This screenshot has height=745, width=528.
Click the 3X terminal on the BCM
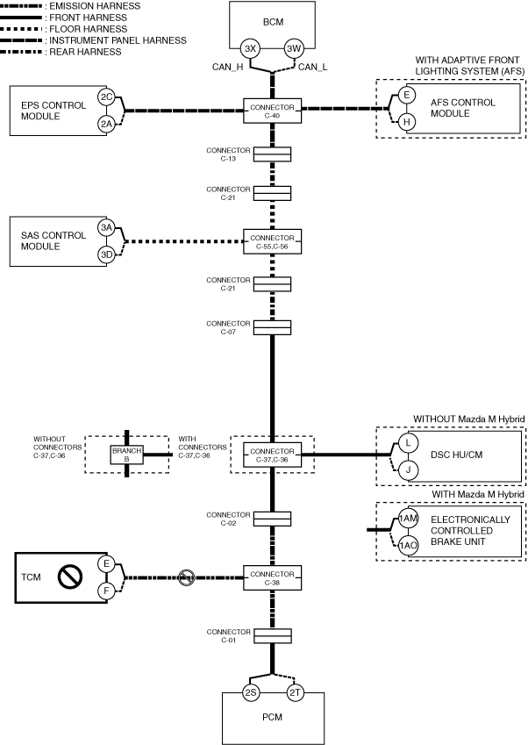click(250, 48)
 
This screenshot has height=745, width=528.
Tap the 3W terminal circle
click(294, 48)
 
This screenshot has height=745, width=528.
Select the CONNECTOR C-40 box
click(272, 110)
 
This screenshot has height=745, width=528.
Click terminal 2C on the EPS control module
click(106, 97)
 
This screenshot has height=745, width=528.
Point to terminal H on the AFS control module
click(406, 122)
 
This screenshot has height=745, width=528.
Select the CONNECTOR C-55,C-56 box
click(272, 240)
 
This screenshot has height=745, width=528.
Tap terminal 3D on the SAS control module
click(106, 254)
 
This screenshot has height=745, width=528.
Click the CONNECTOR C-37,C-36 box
click(272, 454)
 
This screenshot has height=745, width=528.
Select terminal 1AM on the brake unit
click(407, 519)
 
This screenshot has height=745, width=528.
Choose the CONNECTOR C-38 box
click(272, 577)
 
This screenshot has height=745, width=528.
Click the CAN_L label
click(312, 67)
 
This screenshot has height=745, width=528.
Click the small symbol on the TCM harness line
click(186, 577)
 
